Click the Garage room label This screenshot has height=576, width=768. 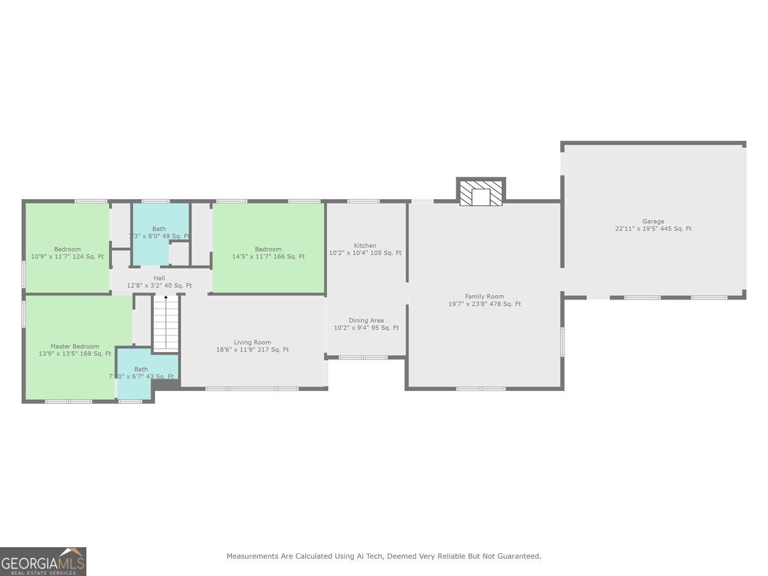[653, 221]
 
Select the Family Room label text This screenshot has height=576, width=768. [484, 296]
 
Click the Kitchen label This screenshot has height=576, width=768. [365, 245]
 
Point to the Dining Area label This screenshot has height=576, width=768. [366, 320]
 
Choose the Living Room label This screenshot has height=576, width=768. [252, 342]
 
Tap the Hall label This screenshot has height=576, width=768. [159, 278]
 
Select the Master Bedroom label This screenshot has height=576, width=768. [75, 346]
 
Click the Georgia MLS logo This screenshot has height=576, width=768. [43, 561]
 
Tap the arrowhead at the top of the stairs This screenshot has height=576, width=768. [166, 298]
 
